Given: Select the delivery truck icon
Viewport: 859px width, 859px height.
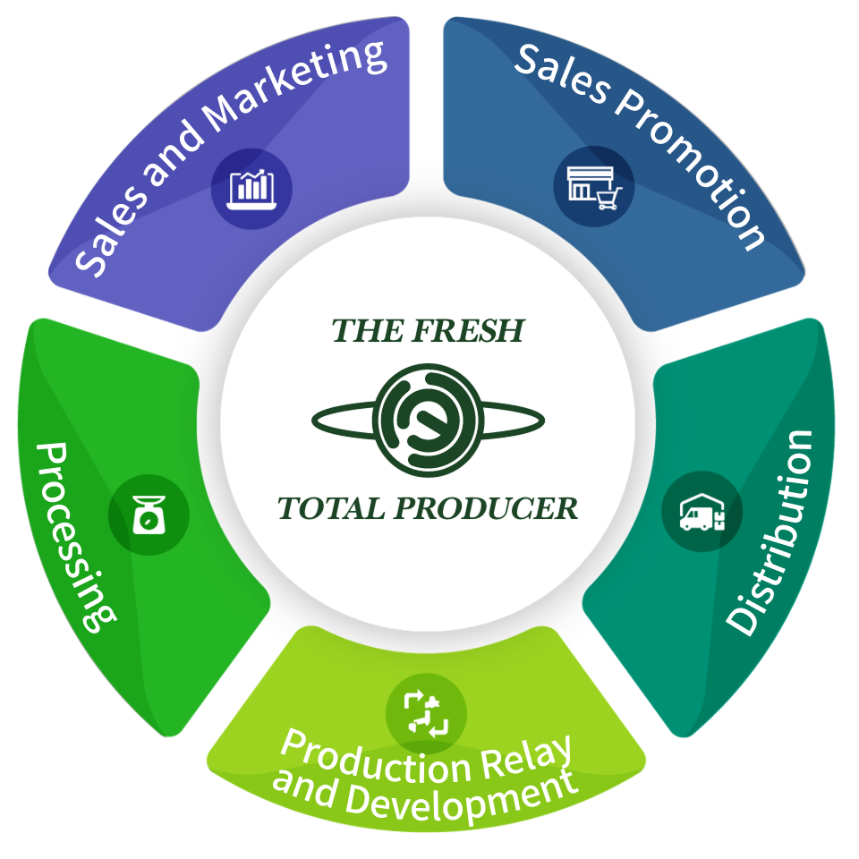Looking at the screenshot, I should point(702,513).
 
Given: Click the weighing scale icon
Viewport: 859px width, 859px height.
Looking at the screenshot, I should point(149,515).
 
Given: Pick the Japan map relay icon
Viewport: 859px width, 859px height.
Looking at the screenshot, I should point(426,714).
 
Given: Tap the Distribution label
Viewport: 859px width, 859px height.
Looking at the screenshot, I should point(771,533).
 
